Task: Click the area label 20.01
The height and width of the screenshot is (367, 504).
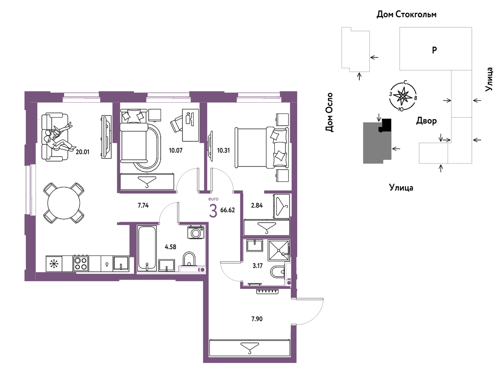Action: click(83, 152)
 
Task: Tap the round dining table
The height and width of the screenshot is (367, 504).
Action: click(64, 203)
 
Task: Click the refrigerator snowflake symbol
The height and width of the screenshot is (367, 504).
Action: click(54, 264)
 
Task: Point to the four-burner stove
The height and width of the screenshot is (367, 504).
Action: click(81, 263)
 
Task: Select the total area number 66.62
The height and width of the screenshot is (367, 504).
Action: click(227, 210)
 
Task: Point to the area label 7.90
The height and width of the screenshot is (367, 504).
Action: click(257, 319)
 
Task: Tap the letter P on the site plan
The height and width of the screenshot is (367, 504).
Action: click(434, 50)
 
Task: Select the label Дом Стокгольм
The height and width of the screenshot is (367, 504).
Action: click(406, 15)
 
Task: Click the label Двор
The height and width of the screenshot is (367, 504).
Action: click(426, 121)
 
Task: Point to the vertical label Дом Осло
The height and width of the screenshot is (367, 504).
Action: click(329, 112)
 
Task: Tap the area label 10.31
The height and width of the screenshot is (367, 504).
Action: click(224, 150)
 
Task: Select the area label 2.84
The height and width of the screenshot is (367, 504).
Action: click(257, 205)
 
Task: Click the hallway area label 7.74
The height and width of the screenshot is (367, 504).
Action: click(143, 205)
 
